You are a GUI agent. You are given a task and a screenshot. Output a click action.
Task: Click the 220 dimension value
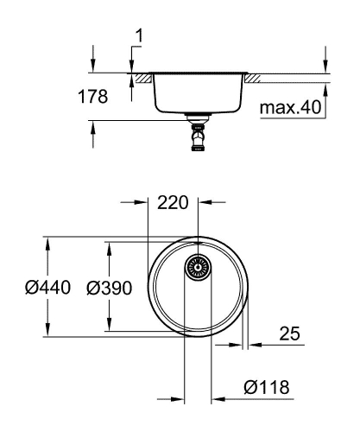[173, 204]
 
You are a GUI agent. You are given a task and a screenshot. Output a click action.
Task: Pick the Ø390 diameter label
[109, 288]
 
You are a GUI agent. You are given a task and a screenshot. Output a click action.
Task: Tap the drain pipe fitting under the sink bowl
[199, 135]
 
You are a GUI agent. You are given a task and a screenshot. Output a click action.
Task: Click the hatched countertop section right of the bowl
[256, 79]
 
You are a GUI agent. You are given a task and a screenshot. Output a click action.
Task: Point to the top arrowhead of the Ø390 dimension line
[108, 248]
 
